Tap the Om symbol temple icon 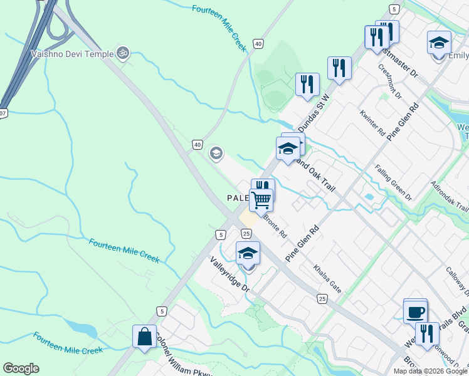coord(123,54)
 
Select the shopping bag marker coord(144,337)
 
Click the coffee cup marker coord(415,311)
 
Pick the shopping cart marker coord(261,200)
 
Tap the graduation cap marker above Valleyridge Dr coord(248,253)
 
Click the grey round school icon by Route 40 coord(216,153)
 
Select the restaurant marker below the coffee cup coord(427,333)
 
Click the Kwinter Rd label coord(372,123)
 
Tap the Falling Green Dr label coord(393,182)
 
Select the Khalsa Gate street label coord(328,278)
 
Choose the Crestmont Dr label coord(389,81)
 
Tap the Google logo coord(21,368)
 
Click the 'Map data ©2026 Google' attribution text coord(430,371)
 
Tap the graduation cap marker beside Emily coord(439,43)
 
